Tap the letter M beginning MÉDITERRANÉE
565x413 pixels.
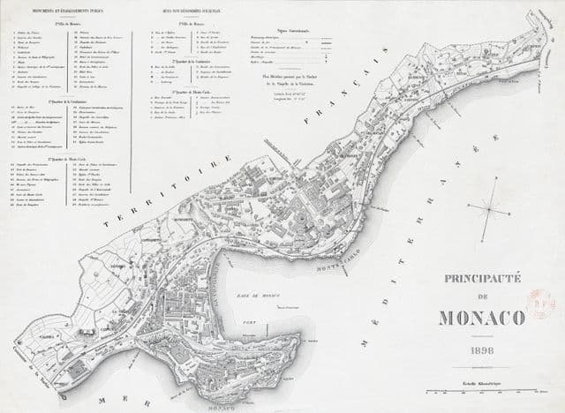click(363, 341)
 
